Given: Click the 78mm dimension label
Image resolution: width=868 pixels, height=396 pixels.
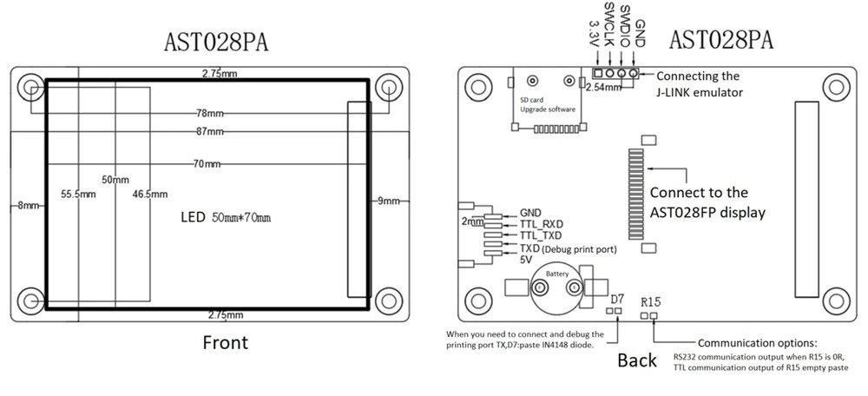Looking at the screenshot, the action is (210, 114).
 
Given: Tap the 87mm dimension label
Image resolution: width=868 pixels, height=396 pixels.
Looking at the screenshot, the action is (210, 132).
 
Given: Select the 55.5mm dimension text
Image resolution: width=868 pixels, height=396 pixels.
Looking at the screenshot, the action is (79, 195).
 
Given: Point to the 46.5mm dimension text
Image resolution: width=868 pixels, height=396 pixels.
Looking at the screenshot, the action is (150, 195).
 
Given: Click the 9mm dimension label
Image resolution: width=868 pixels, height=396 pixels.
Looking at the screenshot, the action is (389, 201).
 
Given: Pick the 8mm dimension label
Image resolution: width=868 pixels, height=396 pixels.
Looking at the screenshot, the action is (29, 206).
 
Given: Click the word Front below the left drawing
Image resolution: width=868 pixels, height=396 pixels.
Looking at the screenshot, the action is (226, 342).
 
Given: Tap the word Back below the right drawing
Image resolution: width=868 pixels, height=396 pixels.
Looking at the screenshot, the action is (637, 360).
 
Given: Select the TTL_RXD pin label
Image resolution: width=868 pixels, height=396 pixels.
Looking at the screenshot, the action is (542, 225).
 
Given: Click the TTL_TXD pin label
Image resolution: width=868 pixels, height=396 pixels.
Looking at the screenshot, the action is (541, 236).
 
